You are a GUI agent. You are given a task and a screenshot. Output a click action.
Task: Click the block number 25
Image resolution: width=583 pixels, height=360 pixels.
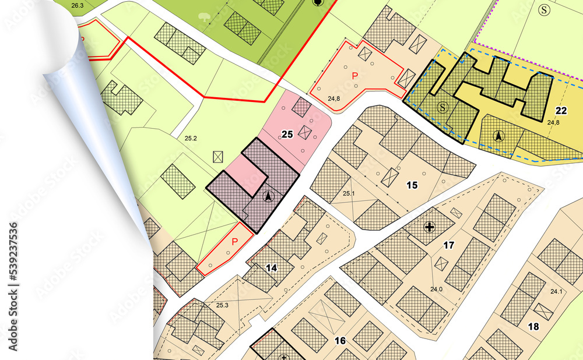tap(287, 135)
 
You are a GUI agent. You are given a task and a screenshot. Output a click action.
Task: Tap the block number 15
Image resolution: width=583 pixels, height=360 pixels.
tap(412, 185)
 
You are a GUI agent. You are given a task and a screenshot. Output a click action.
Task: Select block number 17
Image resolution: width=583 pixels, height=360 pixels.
tap(448, 245)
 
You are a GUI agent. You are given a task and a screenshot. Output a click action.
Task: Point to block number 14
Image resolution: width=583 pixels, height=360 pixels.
tap(271, 268)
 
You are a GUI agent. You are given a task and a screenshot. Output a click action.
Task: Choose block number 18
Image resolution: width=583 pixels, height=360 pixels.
tap(533, 326)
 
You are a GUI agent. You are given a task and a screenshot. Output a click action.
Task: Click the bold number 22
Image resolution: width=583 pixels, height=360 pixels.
tap(561, 111)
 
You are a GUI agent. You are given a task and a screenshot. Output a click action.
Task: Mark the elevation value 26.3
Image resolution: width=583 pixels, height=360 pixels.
tap(77, 6)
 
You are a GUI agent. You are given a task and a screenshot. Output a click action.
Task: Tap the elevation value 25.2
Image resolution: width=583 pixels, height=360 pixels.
tap(191, 139)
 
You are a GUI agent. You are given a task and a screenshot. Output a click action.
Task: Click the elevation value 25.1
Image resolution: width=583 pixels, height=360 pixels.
tap(349, 193)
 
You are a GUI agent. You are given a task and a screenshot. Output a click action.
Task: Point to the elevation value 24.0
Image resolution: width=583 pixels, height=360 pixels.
tap(436, 289)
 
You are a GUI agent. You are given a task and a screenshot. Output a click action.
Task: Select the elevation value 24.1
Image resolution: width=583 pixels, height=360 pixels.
tap(556, 292)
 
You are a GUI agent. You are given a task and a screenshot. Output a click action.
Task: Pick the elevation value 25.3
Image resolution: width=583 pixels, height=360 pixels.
tap(222, 305)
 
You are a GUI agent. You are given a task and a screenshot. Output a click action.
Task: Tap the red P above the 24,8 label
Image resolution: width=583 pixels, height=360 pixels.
tap(354, 75)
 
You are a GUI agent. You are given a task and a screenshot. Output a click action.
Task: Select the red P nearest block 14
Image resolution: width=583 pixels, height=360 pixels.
tap(235, 242)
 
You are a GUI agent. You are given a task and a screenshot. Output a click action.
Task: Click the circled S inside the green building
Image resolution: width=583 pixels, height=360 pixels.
tap(442, 107)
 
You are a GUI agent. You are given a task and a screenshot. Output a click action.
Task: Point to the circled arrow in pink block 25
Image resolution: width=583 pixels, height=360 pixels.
tap(268, 197)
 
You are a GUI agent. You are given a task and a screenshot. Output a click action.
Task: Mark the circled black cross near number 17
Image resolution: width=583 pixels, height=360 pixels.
tap(430, 227)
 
